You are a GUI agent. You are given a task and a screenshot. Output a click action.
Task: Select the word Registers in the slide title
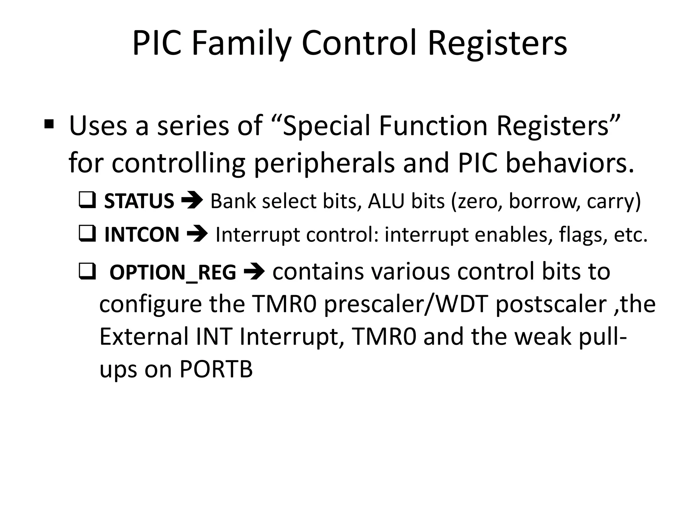click(x=497, y=44)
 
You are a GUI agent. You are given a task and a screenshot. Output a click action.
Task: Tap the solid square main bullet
click(x=49, y=125)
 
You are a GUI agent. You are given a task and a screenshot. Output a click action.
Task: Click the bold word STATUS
click(x=139, y=201)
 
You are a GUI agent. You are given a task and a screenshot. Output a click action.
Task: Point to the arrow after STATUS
click(x=192, y=200)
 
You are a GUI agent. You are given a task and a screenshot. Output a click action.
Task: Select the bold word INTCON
click(x=142, y=235)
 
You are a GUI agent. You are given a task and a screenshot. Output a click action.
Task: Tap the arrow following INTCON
click(x=197, y=234)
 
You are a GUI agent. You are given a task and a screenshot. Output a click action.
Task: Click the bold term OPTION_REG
click(x=173, y=273)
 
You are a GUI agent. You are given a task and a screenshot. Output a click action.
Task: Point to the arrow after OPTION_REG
click(x=254, y=272)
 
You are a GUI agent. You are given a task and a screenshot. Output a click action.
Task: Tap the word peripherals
click(x=324, y=163)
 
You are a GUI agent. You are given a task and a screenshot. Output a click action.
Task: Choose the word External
click(x=144, y=336)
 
